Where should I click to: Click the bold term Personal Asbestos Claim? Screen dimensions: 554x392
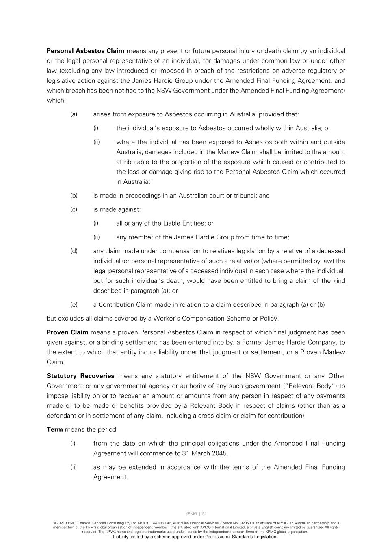point(85,51)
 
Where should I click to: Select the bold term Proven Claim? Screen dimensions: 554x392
point(67,332)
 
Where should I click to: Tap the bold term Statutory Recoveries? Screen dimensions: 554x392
point(80,376)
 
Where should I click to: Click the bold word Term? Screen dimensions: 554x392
point(55,430)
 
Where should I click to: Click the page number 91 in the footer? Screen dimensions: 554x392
point(204,514)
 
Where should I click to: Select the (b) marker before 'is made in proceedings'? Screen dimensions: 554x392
point(74,196)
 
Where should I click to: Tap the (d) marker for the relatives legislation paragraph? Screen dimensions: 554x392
point(74,251)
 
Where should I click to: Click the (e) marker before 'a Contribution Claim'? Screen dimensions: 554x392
point(74,305)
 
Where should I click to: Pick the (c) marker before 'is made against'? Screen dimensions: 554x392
point(74,209)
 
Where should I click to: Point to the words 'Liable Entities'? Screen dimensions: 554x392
point(184,223)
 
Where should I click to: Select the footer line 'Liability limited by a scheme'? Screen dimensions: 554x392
point(195,537)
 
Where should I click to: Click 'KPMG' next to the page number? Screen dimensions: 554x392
point(191,514)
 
